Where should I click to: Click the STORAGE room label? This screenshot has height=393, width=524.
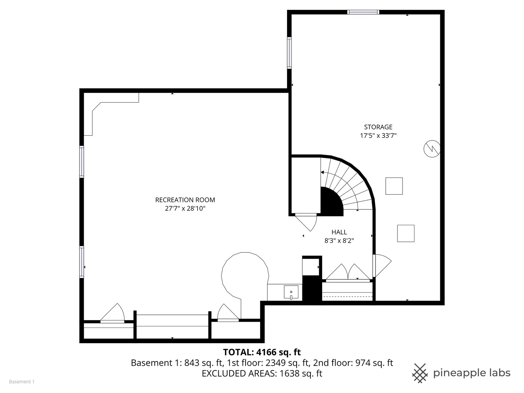[x=378, y=127]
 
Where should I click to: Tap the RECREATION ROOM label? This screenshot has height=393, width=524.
[x=185, y=200]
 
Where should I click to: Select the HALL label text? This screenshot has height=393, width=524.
[x=339, y=232]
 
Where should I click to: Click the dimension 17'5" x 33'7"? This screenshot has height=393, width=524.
[x=378, y=136]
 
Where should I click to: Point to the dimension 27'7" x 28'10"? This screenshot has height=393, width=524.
[x=185, y=209]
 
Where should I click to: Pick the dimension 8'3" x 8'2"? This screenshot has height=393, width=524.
[x=339, y=241]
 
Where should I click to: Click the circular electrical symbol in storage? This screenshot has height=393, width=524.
[x=432, y=149]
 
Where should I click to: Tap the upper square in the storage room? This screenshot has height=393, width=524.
[x=394, y=186]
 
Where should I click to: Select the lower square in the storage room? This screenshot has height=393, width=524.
[x=406, y=233]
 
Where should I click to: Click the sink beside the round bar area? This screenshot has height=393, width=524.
[x=291, y=293]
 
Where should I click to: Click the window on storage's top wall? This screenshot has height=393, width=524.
[x=363, y=12]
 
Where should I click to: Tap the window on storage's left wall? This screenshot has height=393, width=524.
[x=289, y=53]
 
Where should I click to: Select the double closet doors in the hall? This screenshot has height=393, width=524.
[x=348, y=273]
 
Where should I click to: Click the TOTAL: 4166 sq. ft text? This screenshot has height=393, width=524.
[x=262, y=352]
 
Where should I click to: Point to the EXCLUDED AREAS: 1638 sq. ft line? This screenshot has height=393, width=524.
[x=262, y=373]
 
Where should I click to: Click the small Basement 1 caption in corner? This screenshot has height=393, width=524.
[x=21, y=382]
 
